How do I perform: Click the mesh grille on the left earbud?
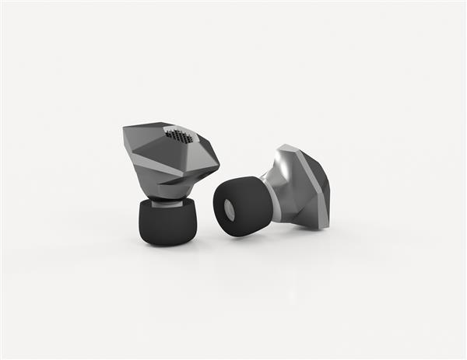[179, 136]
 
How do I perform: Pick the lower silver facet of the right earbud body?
[300, 210]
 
